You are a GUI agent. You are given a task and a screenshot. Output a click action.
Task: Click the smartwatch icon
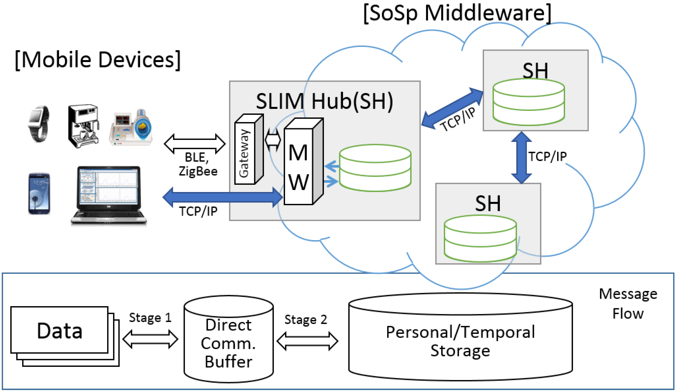click(x=39, y=124)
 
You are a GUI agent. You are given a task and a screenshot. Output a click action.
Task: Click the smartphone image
click(x=39, y=194)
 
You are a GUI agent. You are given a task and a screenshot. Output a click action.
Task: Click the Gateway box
click(x=249, y=149)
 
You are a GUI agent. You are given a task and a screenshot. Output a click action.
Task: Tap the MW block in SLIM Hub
click(x=304, y=162)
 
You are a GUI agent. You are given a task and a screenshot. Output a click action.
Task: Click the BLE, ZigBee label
click(x=198, y=164)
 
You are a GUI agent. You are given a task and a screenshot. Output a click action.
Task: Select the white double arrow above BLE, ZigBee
click(x=195, y=144)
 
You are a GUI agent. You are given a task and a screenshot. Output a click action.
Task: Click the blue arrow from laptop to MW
click(x=223, y=197)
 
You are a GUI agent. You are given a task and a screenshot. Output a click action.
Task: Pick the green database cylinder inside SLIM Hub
click(x=375, y=168)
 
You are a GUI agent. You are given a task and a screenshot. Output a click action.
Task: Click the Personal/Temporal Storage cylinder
click(x=460, y=337)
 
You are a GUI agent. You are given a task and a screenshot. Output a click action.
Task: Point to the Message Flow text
click(x=628, y=304)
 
